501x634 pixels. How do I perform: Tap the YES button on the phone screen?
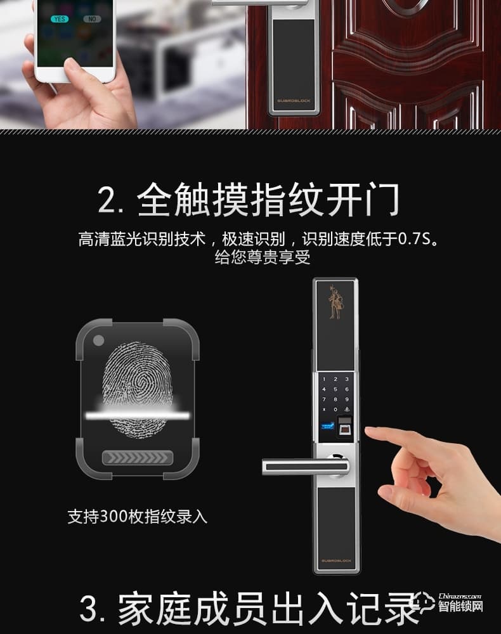60,19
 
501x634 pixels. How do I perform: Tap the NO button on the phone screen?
92,19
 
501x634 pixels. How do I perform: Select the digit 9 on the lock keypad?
346,399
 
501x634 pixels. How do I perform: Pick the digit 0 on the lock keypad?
335,410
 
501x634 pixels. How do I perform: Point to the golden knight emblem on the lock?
335,304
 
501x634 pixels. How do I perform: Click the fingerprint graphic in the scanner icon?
137,387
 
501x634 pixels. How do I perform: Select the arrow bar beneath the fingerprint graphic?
137,458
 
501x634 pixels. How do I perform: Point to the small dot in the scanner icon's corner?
98,340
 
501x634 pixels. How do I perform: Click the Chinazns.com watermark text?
459,597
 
